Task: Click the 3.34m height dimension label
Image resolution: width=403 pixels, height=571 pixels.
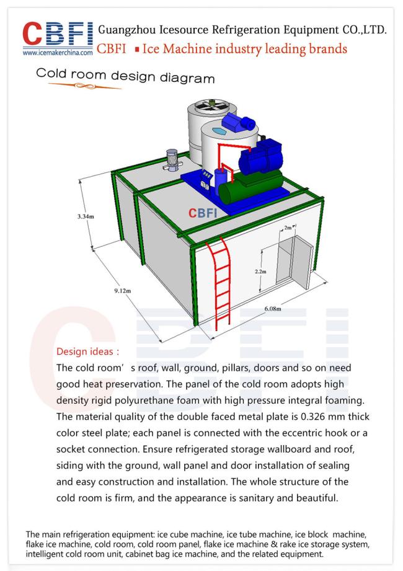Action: (86, 216)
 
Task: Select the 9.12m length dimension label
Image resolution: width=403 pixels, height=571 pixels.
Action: (122, 291)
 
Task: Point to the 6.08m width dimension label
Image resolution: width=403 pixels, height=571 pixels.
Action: (273, 309)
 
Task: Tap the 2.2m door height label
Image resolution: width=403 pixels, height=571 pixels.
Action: (260, 272)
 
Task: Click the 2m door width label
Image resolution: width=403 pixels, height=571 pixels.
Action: (288, 228)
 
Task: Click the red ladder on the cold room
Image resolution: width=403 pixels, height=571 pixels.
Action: (219, 282)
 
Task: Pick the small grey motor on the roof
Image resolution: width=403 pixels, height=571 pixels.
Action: (172, 160)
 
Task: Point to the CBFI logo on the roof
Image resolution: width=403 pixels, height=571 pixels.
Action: (202, 213)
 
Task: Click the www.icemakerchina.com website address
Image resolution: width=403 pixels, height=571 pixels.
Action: (58, 53)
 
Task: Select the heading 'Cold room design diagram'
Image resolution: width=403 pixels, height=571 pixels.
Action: (125, 76)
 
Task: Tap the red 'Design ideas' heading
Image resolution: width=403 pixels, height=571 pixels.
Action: (88, 352)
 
